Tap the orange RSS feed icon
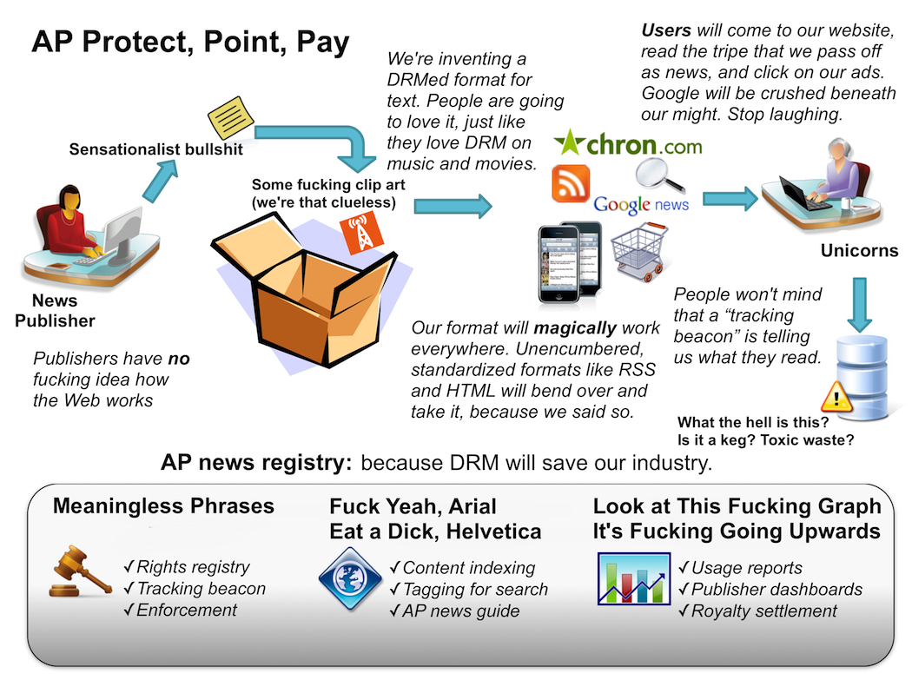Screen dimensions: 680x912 [x=571, y=183]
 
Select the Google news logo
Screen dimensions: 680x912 [x=641, y=205]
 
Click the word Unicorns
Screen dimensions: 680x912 [x=859, y=251]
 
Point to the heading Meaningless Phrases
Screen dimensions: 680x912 [x=163, y=506]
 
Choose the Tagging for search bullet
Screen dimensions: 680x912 [x=469, y=590]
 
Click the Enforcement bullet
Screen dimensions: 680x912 [x=181, y=610]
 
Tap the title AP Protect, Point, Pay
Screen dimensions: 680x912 [x=190, y=43]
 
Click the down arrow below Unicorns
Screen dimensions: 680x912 [x=860, y=305]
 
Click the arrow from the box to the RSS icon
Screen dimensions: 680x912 [x=453, y=206]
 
